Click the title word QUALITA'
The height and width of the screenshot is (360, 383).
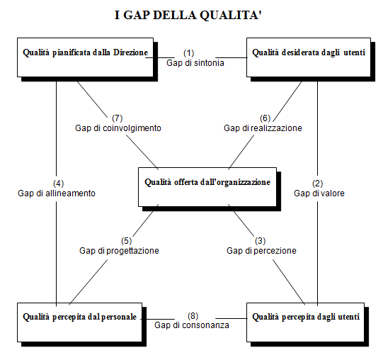(231, 15)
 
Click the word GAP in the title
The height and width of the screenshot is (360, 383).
(137, 15)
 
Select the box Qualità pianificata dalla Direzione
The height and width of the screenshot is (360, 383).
(85, 57)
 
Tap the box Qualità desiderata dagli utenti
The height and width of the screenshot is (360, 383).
(309, 57)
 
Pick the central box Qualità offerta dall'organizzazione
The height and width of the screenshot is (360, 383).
(207, 187)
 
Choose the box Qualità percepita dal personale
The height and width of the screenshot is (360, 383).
(79, 322)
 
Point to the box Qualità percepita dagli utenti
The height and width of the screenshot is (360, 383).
(305, 322)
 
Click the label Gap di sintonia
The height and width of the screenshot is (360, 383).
(195, 63)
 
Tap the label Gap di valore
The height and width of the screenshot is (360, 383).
(319, 193)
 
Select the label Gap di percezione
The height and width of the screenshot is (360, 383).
(261, 251)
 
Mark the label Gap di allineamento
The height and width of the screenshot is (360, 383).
(57, 193)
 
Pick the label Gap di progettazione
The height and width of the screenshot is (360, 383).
(119, 251)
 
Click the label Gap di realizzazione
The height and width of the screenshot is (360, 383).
(263, 128)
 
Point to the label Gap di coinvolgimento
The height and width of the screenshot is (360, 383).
(118, 128)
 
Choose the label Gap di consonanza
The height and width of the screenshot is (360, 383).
(192, 325)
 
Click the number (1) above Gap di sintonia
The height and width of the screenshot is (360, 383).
(189, 53)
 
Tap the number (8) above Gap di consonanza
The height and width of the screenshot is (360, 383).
(193, 316)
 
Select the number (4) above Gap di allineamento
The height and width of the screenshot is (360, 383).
(58, 184)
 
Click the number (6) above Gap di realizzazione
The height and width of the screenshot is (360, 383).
(265, 118)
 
